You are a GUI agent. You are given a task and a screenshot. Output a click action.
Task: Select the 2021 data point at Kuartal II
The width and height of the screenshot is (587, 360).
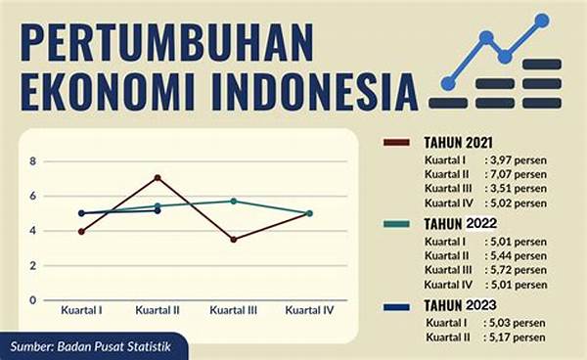pos(157,177)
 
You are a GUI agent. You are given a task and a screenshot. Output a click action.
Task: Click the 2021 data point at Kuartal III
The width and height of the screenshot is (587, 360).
pos(233,239)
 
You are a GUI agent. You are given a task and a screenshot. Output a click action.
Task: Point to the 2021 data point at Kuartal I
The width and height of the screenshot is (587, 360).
pos(82,231)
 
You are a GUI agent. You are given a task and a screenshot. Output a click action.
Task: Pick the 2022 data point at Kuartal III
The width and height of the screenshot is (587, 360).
pos(233,201)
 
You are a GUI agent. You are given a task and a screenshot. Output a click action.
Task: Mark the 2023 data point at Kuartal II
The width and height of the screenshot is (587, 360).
pos(157,210)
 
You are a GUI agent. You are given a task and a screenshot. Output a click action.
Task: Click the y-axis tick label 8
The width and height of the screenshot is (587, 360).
pos(32,161)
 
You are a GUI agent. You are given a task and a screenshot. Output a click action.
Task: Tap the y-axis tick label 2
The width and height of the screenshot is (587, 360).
pos(32,265)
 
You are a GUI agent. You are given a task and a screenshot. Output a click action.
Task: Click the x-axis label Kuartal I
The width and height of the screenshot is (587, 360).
pos(82,310)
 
